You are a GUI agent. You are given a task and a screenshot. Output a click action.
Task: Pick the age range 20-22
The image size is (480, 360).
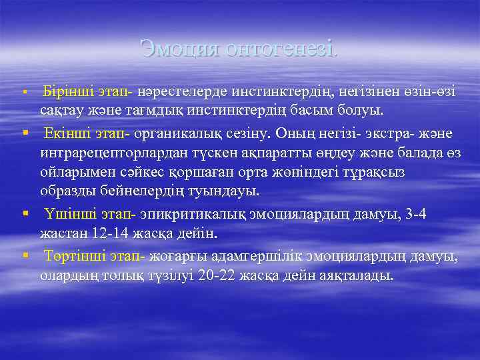(x=217, y=275)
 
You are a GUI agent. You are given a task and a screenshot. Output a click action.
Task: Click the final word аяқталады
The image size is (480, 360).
(x=359, y=275)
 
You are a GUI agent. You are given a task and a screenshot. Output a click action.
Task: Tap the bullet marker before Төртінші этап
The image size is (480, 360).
(x=25, y=256)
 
